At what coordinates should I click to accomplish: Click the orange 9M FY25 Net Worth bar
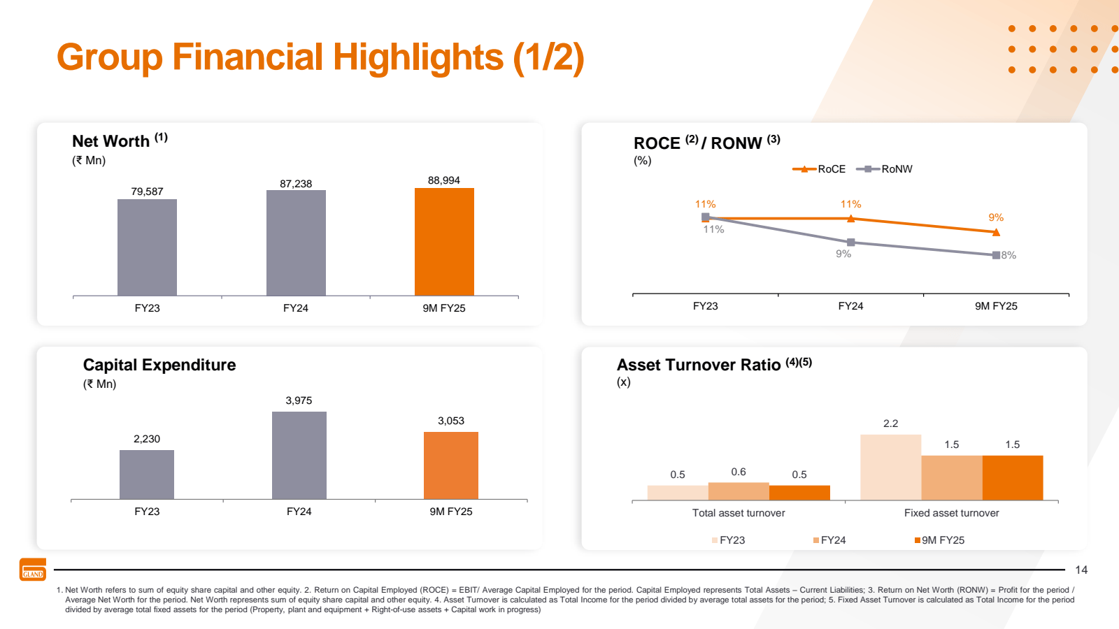tap(444, 242)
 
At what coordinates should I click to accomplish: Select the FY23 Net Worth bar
tap(147, 247)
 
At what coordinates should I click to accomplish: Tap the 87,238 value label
tap(296, 184)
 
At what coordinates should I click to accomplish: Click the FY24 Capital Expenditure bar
tap(299, 455)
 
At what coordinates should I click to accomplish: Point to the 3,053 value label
tap(451, 421)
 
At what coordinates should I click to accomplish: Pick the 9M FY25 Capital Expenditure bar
tap(451, 465)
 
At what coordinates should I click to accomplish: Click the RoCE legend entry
tap(819, 169)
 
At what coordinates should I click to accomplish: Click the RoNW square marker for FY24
tap(850, 243)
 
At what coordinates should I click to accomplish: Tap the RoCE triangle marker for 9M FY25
tap(996, 232)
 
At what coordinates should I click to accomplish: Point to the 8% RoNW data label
tap(1008, 255)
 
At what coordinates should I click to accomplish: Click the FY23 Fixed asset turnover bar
tap(890, 467)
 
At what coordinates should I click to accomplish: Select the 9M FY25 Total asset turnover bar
tap(799, 493)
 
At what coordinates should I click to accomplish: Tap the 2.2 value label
tap(890, 424)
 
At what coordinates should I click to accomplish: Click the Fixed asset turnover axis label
tap(951, 513)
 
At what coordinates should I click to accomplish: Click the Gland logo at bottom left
tap(33, 570)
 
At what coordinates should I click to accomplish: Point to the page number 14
tap(1081, 570)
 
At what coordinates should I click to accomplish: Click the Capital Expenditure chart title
tap(159, 365)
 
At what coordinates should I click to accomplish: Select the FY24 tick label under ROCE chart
tap(850, 306)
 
